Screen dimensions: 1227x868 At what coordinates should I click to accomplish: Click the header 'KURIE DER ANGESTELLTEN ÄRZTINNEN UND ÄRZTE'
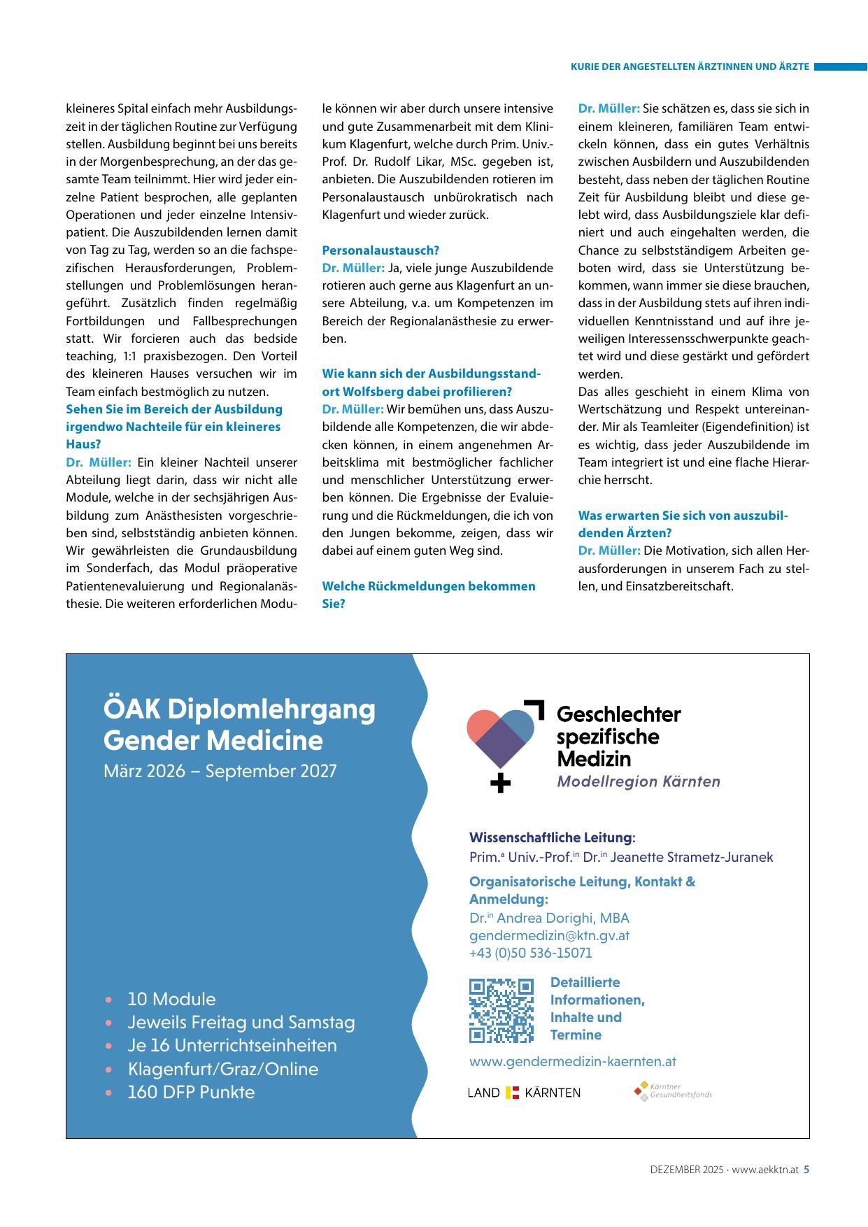pyautogui.click(x=690, y=67)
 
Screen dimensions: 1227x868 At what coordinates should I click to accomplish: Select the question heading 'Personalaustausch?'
pyautogui.click(x=380, y=250)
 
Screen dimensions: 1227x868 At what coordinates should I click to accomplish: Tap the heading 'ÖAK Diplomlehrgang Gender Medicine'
pyautogui.click(x=239, y=725)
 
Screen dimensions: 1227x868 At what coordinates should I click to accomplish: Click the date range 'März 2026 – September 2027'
pyautogui.click(x=220, y=771)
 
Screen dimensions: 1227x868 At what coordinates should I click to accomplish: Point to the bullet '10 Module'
pyautogui.click(x=171, y=999)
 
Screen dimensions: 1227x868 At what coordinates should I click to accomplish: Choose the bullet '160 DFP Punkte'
pyautogui.click(x=191, y=1092)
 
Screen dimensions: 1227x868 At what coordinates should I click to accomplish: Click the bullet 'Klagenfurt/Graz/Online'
pyautogui.click(x=222, y=1069)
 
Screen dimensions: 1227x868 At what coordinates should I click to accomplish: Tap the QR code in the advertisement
pyautogui.click(x=501, y=1009)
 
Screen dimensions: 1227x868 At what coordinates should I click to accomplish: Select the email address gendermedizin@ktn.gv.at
pyautogui.click(x=549, y=935)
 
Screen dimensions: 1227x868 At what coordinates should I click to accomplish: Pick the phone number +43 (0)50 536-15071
pyautogui.click(x=530, y=953)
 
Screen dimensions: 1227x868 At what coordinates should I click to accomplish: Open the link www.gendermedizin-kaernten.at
pyautogui.click(x=572, y=1061)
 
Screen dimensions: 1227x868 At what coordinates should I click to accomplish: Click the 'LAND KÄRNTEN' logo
pyautogui.click(x=524, y=1093)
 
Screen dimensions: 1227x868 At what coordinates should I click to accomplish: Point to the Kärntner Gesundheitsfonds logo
pyautogui.click(x=673, y=1091)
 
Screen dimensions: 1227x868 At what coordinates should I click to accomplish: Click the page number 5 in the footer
pyautogui.click(x=806, y=1169)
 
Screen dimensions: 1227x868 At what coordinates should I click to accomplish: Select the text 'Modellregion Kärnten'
pyautogui.click(x=638, y=781)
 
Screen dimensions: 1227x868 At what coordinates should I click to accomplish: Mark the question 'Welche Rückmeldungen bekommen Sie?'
pyautogui.click(x=428, y=595)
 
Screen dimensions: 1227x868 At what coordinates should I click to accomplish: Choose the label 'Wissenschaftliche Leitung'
pyautogui.click(x=550, y=837)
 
